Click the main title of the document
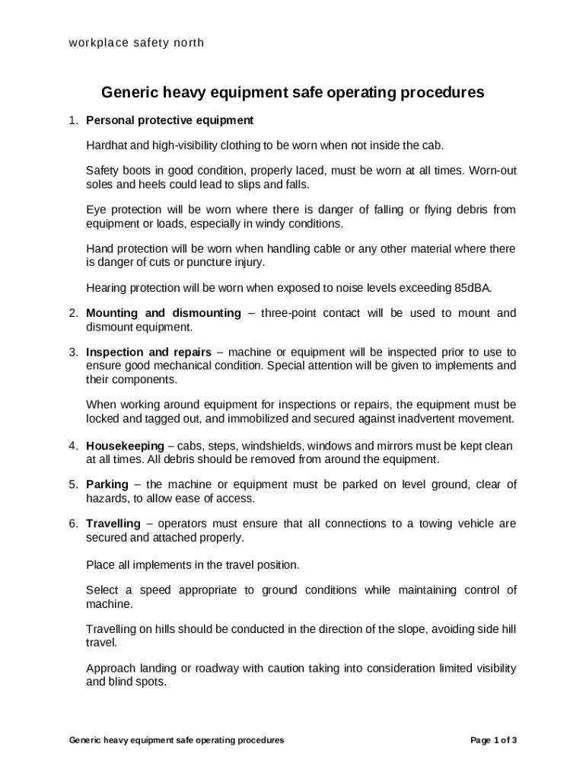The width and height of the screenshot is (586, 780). pyautogui.click(x=293, y=93)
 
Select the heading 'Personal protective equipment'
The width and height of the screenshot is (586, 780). pyautogui.click(x=170, y=120)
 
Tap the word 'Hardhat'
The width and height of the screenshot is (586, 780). pyautogui.click(x=106, y=145)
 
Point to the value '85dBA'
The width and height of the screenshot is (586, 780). pyautogui.click(x=473, y=288)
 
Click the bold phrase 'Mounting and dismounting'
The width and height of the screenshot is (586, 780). pyautogui.click(x=164, y=313)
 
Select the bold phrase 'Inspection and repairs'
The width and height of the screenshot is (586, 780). pyautogui.click(x=148, y=353)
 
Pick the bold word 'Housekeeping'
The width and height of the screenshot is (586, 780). pyautogui.click(x=125, y=446)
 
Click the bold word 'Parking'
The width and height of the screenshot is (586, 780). pyautogui.click(x=107, y=484)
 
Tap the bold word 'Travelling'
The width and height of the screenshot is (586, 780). pyautogui.click(x=113, y=524)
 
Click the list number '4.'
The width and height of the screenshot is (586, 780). pyautogui.click(x=73, y=446)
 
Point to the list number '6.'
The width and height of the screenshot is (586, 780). pyautogui.click(x=73, y=524)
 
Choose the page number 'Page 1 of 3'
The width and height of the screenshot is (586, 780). pyautogui.click(x=494, y=740)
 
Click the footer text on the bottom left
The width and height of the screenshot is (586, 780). pyautogui.click(x=177, y=740)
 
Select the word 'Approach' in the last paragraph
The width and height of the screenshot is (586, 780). pyautogui.click(x=110, y=669)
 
